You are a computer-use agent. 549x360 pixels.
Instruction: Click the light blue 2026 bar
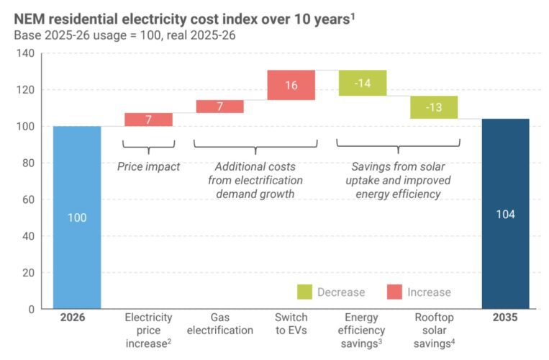click(x=77, y=217)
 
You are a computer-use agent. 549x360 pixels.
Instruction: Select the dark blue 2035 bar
click(x=505, y=214)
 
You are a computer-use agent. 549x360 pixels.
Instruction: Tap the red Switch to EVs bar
click(x=291, y=85)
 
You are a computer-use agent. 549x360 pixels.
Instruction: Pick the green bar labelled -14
click(x=362, y=83)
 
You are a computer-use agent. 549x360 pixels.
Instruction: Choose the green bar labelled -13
click(x=434, y=107)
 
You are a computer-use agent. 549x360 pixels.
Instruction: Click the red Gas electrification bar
click(x=219, y=107)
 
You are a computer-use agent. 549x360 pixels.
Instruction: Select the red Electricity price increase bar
click(x=148, y=120)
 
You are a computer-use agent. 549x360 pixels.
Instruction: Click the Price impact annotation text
click(x=149, y=166)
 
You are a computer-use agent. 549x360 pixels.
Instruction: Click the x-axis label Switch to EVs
click(x=291, y=323)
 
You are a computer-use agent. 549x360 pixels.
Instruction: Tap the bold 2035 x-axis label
click(x=505, y=318)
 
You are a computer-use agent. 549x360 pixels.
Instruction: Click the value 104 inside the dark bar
click(x=505, y=215)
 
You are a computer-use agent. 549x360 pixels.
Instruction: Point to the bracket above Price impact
click(x=149, y=147)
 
